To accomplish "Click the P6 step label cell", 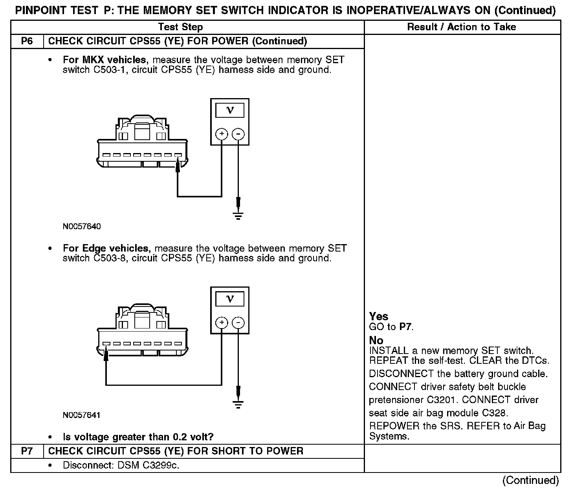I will click(27, 41).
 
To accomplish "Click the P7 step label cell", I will click(27, 451).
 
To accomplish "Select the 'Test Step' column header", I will click(180, 27).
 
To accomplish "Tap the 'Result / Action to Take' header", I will click(462, 27).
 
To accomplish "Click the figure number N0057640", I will click(81, 226).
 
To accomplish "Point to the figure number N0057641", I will click(81, 415).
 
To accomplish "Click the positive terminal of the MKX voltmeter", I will click(222, 134).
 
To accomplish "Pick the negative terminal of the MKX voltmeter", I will click(238, 134).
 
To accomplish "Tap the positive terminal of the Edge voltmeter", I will click(222, 323).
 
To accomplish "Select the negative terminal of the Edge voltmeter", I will click(238, 323).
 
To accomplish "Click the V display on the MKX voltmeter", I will click(230, 110).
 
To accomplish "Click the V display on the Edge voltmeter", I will click(230, 299).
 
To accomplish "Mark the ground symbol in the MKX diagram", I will click(238, 215).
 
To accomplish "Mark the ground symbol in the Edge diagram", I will click(238, 404).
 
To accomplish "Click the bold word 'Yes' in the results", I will click(379, 316).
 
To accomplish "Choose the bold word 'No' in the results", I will click(376, 340).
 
